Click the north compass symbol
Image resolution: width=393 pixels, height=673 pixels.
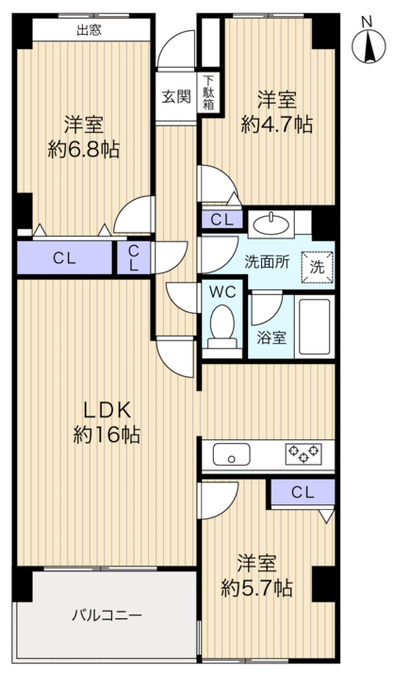pyautogui.click(x=368, y=45)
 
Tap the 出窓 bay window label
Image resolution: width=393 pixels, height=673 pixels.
pyautogui.click(x=89, y=30)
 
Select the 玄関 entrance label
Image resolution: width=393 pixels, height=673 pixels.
pyautogui.click(x=176, y=96)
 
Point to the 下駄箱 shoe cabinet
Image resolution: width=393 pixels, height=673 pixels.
pyautogui.click(x=208, y=92)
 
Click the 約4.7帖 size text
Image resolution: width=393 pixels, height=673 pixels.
pyautogui.click(x=276, y=125)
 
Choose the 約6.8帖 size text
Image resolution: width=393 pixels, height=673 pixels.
pyautogui.click(x=83, y=150)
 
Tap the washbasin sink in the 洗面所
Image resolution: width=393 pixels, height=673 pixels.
pyautogui.click(x=271, y=223)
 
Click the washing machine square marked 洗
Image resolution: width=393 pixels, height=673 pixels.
pyautogui.click(x=317, y=267)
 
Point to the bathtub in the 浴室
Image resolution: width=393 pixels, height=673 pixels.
pyautogui.click(x=315, y=327)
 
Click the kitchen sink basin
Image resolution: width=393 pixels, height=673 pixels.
pyautogui.click(x=232, y=454)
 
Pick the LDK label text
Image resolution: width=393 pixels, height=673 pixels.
pyautogui.click(x=106, y=411)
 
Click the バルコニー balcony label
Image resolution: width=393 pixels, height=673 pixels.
pyautogui.click(x=106, y=616)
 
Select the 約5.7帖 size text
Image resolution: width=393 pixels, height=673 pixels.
pyautogui.click(x=256, y=588)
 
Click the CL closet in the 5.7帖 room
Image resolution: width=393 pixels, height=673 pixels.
pyautogui.click(x=303, y=492)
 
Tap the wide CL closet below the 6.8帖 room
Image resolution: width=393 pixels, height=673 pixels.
pyautogui.click(x=65, y=257)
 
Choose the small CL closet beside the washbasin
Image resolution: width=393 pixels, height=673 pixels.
pyautogui.click(x=221, y=220)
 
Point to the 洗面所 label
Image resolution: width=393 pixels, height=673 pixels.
pyautogui.click(x=267, y=262)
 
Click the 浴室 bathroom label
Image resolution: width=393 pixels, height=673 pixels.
pyautogui.click(x=271, y=337)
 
